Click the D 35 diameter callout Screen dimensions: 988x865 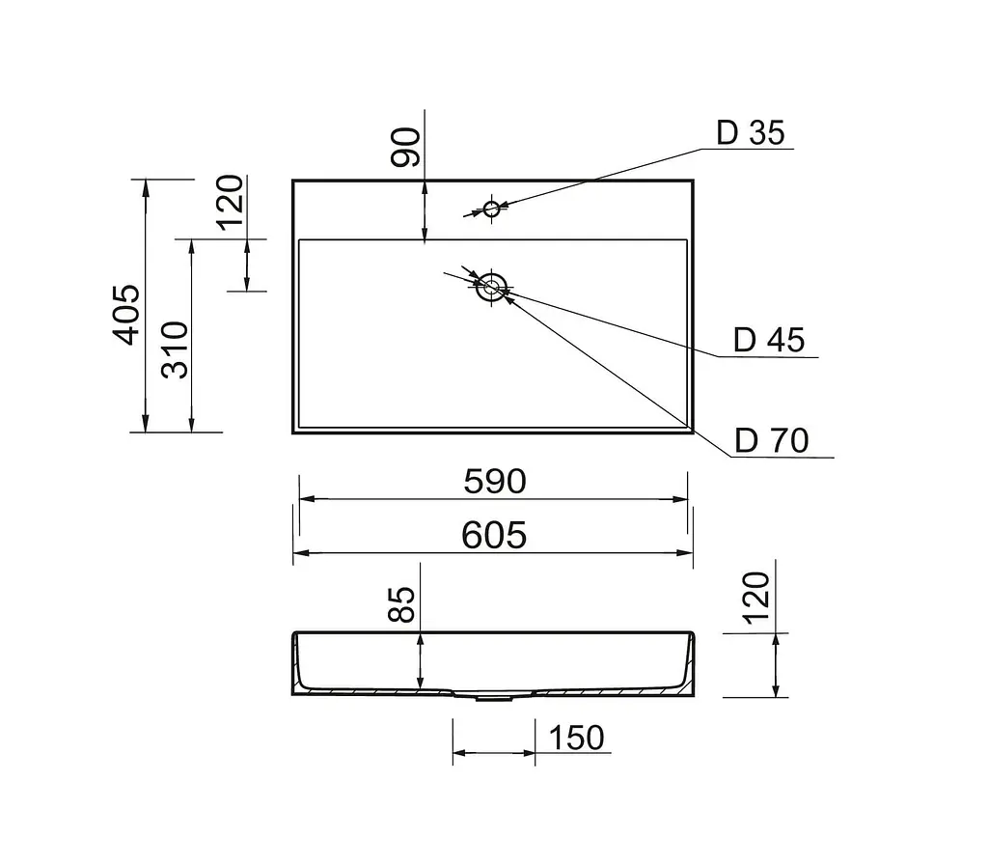[751, 132]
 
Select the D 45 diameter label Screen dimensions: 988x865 [769, 340]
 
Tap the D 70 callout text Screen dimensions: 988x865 [772, 440]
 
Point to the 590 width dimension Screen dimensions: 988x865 [495, 481]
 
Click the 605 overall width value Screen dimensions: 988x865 [494, 535]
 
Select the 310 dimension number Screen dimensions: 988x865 [175, 349]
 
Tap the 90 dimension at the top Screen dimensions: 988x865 [405, 148]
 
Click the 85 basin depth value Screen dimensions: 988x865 [401, 604]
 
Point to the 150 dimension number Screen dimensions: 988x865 [577, 738]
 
